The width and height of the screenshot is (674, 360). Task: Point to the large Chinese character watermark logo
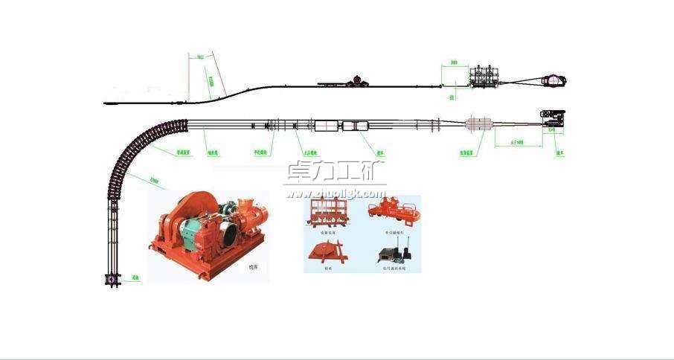[x=335, y=173]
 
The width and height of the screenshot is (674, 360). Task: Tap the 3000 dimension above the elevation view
[x=455, y=64]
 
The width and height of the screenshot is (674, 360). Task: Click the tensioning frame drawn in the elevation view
[x=484, y=79]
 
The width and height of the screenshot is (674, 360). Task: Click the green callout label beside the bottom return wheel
[x=135, y=278]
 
